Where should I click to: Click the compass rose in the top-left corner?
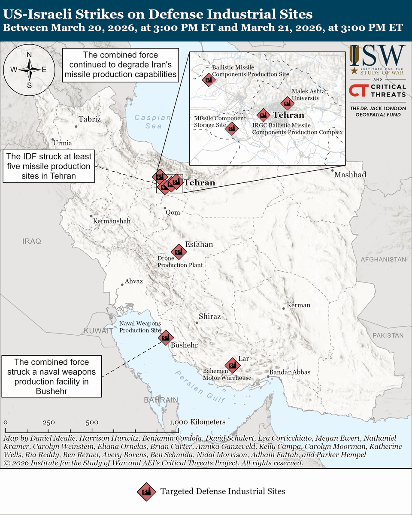[x=29, y=70]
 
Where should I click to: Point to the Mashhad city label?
[x=350, y=175]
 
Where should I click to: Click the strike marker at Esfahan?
[x=178, y=251]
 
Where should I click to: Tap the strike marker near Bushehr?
[x=165, y=337]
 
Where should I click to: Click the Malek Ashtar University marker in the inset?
[x=287, y=103]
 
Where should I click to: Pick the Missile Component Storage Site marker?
[x=232, y=128]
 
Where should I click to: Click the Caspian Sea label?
[x=148, y=121]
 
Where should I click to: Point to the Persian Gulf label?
[x=200, y=386]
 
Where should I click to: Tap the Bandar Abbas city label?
[x=289, y=373]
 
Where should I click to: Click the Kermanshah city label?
[x=111, y=221]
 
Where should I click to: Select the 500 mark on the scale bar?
[x=92, y=422]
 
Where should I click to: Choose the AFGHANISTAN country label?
[x=383, y=260]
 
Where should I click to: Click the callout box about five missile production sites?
[x=48, y=166]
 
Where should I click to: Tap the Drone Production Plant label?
[x=180, y=262]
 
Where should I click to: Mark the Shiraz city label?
[x=209, y=316]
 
